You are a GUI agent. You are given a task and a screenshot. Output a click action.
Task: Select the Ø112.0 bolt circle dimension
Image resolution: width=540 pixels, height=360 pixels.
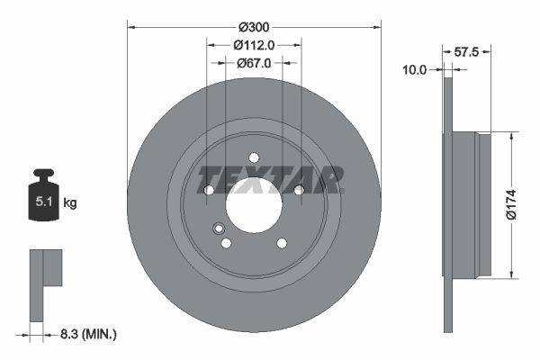pos(254,44)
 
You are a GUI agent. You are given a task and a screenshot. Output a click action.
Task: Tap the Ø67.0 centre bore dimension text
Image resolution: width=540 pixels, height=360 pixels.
pos(254,63)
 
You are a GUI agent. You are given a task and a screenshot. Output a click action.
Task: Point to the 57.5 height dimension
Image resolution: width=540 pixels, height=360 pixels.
pos(465,52)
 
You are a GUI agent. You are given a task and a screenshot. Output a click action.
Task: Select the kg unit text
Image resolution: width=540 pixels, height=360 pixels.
pos(70,203)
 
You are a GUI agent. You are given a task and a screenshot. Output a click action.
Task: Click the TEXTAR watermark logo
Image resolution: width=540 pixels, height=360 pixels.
pos(270,179)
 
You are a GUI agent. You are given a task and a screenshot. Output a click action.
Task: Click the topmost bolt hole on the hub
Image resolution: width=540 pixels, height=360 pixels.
pos(254,157)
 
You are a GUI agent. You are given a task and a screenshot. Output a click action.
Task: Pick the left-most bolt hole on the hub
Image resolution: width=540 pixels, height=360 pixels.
pos(209,190)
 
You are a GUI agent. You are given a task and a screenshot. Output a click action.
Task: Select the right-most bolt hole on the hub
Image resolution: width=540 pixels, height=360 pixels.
pos(299,189)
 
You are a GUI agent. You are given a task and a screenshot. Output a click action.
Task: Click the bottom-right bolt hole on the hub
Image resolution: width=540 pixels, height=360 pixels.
pos(282,243)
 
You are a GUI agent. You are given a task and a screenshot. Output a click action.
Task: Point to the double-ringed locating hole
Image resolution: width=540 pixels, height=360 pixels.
pos(217,229)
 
